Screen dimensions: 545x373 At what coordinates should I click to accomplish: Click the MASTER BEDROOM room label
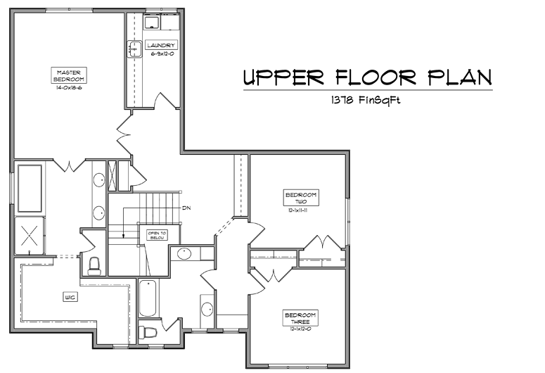pyautogui.click(x=68, y=75)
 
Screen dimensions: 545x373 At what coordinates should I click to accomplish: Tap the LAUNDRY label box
pyautogui.click(x=161, y=45)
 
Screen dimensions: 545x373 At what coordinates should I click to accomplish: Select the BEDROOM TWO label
pyautogui.click(x=301, y=198)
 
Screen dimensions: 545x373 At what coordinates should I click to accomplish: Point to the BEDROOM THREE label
pyautogui.click(x=300, y=318)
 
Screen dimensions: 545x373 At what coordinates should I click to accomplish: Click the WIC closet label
pyautogui.click(x=70, y=297)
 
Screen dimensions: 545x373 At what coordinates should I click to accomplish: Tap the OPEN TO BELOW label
pyautogui.click(x=158, y=235)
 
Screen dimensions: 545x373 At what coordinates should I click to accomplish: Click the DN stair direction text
pyautogui.click(x=186, y=208)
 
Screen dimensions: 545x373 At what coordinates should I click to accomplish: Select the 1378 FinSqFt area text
pyautogui.click(x=366, y=100)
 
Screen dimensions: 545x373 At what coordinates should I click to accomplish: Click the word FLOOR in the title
pyautogui.click(x=376, y=77)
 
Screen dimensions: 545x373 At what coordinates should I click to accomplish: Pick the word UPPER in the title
pyautogui.click(x=283, y=77)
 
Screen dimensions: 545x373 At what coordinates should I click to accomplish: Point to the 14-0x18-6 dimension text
pyautogui.click(x=69, y=88)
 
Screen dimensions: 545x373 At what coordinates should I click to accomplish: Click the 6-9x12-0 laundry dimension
pyautogui.click(x=162, y=54)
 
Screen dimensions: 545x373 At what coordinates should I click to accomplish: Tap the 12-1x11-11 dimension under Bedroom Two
pyautogui.click(x=298, y=210)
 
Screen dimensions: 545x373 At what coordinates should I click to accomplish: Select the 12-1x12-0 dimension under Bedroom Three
pyautogui.click(x=301, y=329)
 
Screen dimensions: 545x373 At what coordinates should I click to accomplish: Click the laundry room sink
pyautogui.click(x=134, y=49)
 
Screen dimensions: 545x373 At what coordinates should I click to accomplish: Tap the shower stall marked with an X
pyautogui.click(x=30, y=236)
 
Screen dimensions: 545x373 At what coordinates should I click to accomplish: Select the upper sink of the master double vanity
pyautogui.click(x=98, y=180)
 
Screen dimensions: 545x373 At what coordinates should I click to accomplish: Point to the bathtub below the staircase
pyautogui.click(x=148, y=298)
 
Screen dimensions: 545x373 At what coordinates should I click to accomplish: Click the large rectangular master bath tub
pyautogui.click(x=30, y=188)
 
